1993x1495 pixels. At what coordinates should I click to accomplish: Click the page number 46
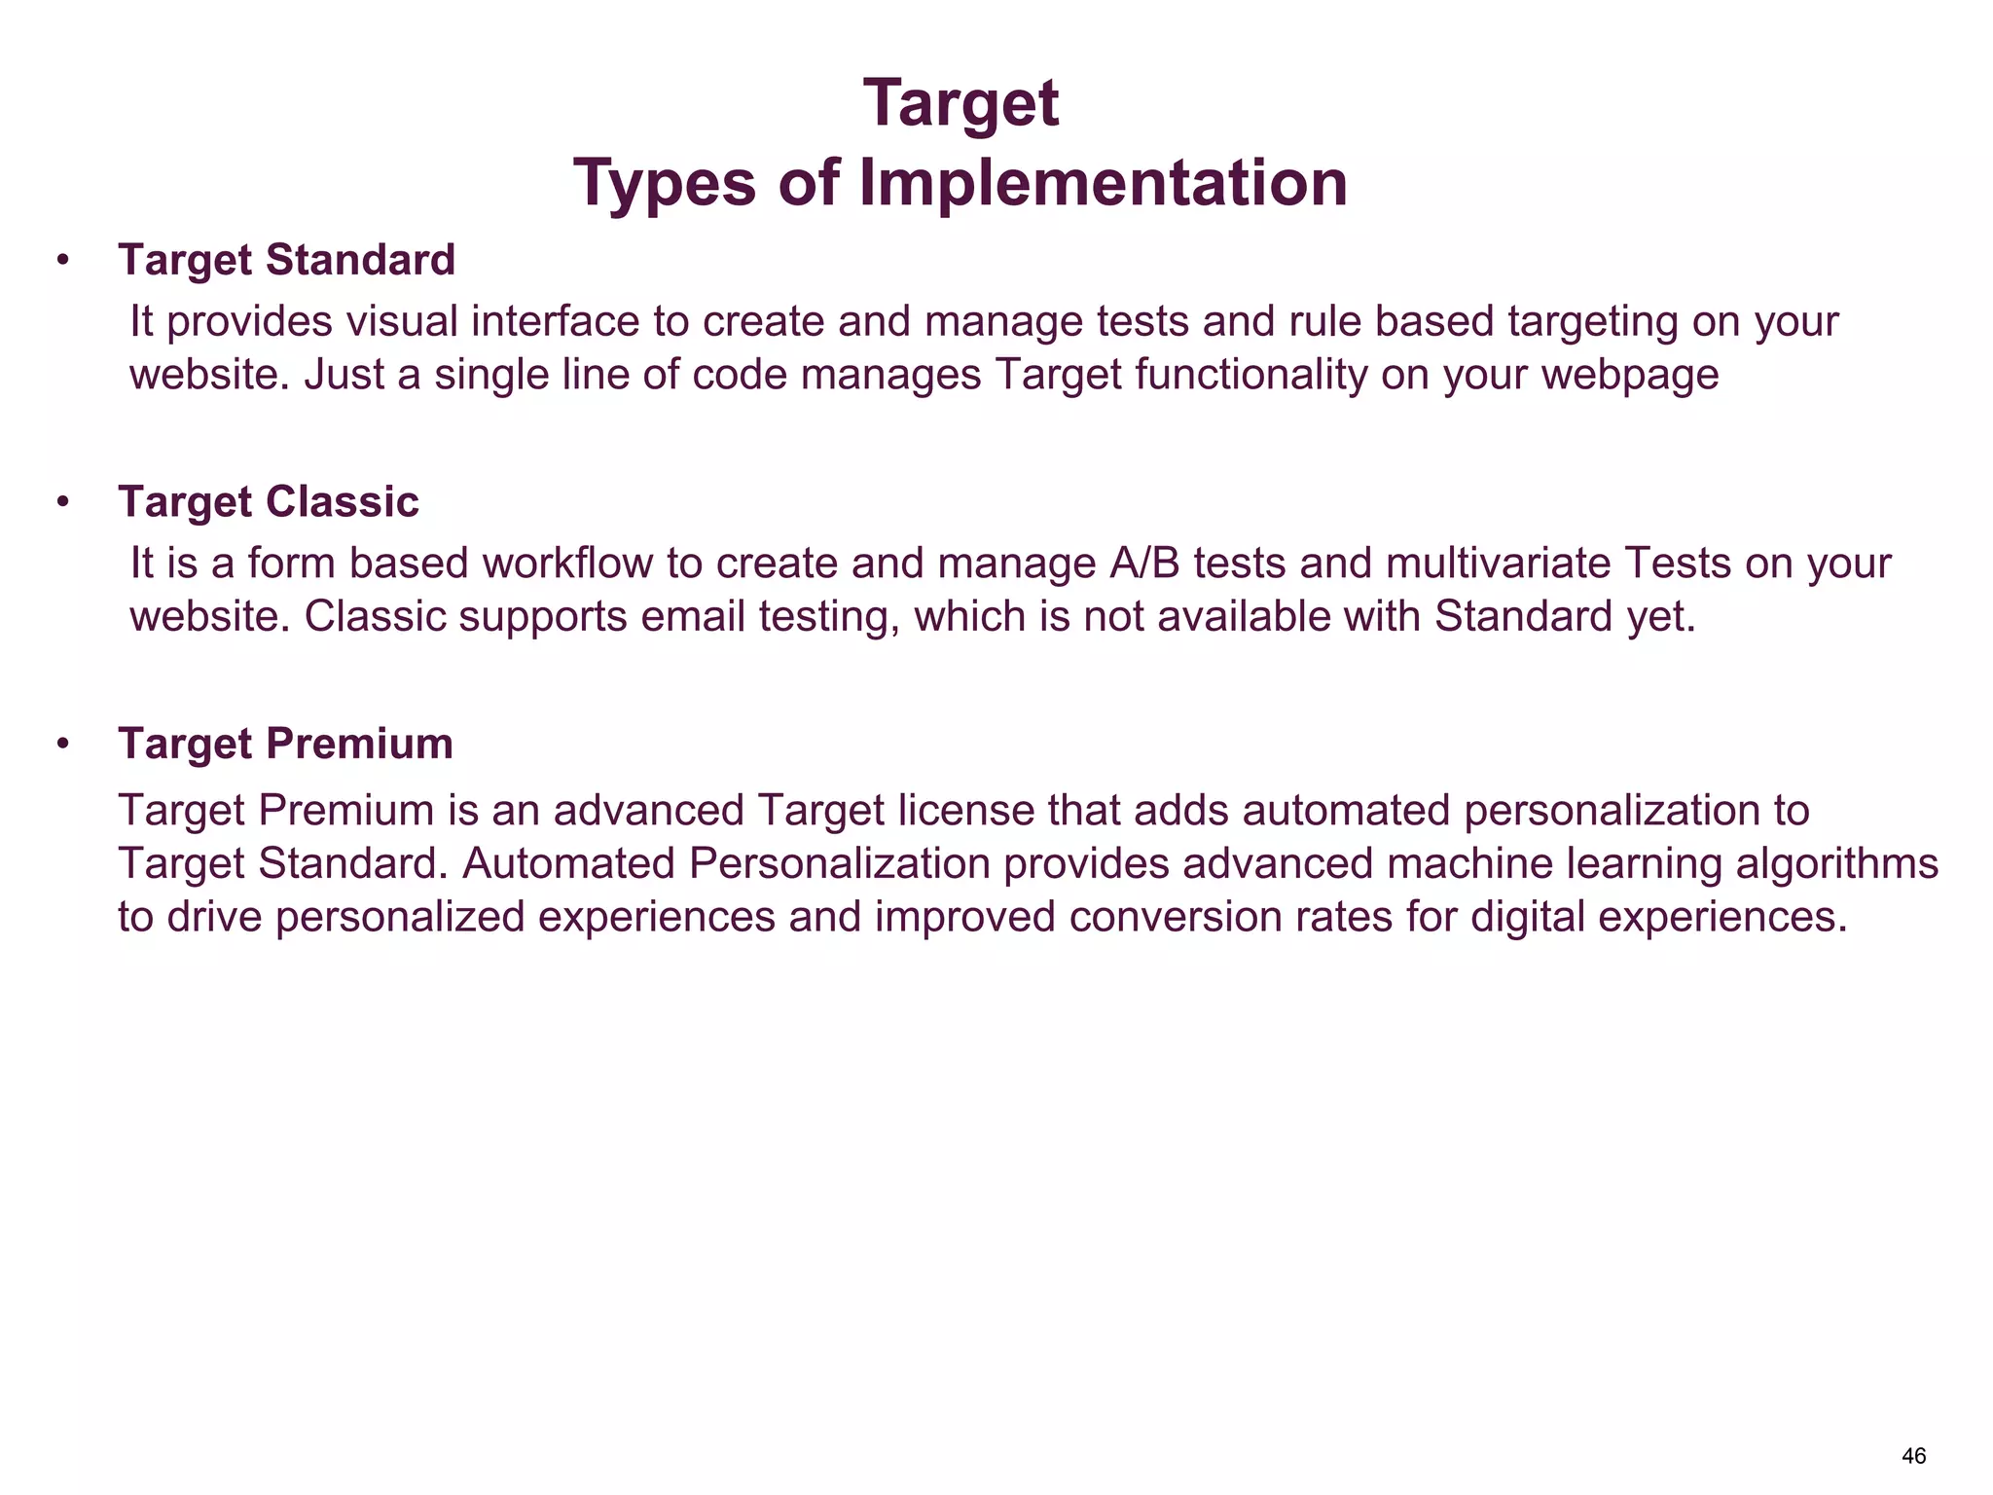pyautogui.click(x=1913, y=1456)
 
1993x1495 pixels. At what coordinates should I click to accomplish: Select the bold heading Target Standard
pyautogui.click(x=286, y=260)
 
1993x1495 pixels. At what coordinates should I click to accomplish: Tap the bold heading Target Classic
pyautogui.click(x=269, y=502)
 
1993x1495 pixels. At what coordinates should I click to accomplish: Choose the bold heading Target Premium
pyautogui.click(x=285, y=745)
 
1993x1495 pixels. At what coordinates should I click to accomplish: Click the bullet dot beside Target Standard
pyautogui.click(x=63, y=261)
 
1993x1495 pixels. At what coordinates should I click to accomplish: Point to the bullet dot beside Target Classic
pyautogui.click(x=63, y=503)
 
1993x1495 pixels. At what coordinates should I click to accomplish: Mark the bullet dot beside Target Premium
pyautogui.click(x=63, y=746)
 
